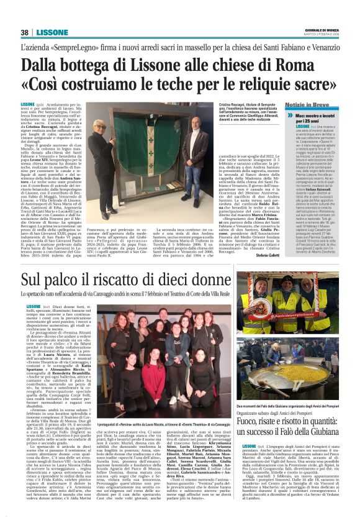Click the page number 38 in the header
25,32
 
